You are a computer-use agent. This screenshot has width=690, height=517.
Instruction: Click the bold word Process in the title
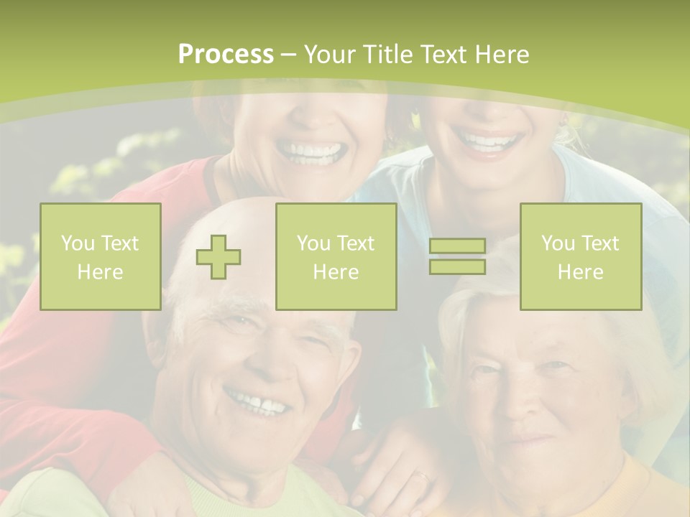[226, 55]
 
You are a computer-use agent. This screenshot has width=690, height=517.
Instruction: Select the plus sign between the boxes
[218, 257]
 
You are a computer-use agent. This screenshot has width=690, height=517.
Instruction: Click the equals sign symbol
[457, 256]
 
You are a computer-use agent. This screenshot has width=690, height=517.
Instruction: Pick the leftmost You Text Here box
[101, 256]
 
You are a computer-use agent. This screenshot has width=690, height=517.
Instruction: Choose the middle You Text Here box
[336, 256]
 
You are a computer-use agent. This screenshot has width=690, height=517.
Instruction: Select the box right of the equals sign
[580, 256]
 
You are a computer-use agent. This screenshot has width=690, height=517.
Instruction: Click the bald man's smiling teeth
[259, 402]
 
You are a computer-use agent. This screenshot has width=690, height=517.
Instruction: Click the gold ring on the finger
[422, 475]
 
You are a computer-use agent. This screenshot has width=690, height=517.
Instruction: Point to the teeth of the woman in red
[310, 151]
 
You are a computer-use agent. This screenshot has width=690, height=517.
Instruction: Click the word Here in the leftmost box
[100, 271]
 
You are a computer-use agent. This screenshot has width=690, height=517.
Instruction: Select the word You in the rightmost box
[557, 243]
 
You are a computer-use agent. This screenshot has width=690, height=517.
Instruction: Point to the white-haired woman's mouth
[525, 437]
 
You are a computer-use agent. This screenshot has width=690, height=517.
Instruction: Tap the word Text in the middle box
[355, 243]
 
